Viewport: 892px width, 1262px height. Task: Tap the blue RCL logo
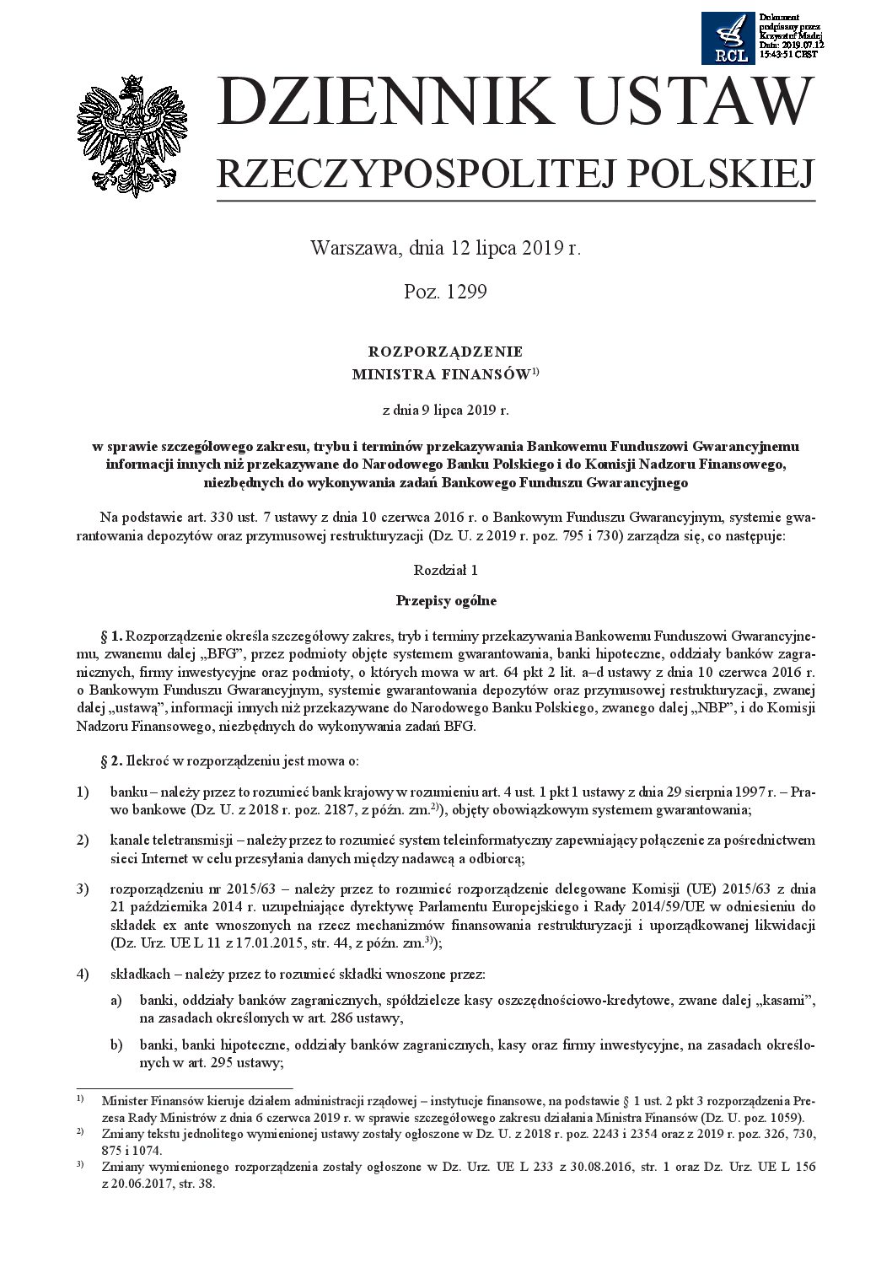pyautogui.click(x=728, y=39)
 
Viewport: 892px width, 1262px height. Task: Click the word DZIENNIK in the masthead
pyautogui.click(x=383, y=104)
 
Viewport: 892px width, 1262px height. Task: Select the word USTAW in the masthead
pyautogui.click(x=692, y=104)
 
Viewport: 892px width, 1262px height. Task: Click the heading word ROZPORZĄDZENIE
pyautogui.click(x=445, y=352)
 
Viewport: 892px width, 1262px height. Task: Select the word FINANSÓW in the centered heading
pyautogui.click(x=488, y=374)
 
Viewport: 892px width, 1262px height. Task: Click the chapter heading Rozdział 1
pyautogui.click(x=445, y=570)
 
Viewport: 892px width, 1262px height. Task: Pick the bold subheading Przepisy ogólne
pyautogui.click(x=446, y=601)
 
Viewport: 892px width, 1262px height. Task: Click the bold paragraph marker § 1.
pyautogui.click(x=111, y=635)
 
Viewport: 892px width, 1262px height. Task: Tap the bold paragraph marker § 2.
pyautogui.click(x=111, y=761)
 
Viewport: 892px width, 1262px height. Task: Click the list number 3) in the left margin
pyautogui.click(x=83, y=889)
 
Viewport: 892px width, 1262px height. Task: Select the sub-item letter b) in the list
pyautogui.click(x=116, y=1045)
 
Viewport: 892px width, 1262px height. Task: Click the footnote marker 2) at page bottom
pyautogui.click(x=80, y=1131)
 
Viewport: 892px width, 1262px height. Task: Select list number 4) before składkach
pyautogui.click(x=83, y=975)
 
